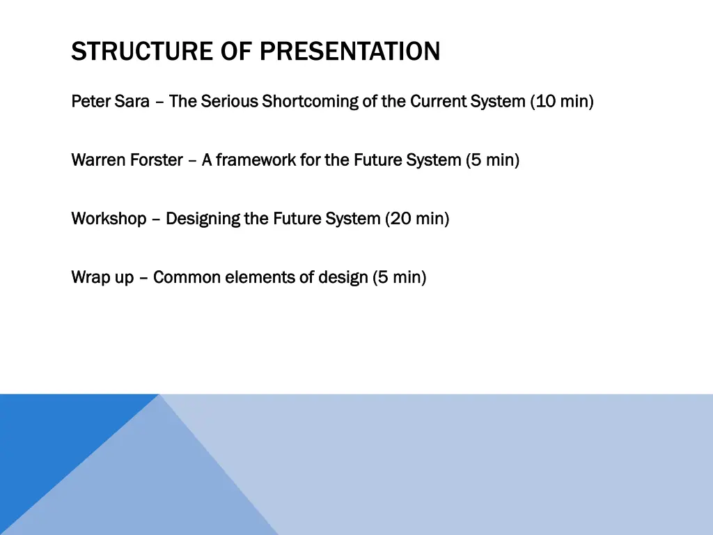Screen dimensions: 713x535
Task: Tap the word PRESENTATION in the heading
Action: [350, 51]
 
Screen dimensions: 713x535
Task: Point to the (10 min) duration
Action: [562, 102]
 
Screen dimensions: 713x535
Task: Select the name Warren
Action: [98, 160]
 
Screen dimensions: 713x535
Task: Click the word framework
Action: [256, 160]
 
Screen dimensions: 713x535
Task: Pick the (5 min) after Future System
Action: [492, 160]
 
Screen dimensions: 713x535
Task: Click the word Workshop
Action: [109, 219]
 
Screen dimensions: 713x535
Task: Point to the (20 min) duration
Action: [418, 219]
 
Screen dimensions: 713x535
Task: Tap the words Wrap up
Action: [103, 277]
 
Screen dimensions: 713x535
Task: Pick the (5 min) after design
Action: [400, 277]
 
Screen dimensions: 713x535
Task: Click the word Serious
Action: [229, 101]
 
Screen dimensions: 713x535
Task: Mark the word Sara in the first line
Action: [132, 101]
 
